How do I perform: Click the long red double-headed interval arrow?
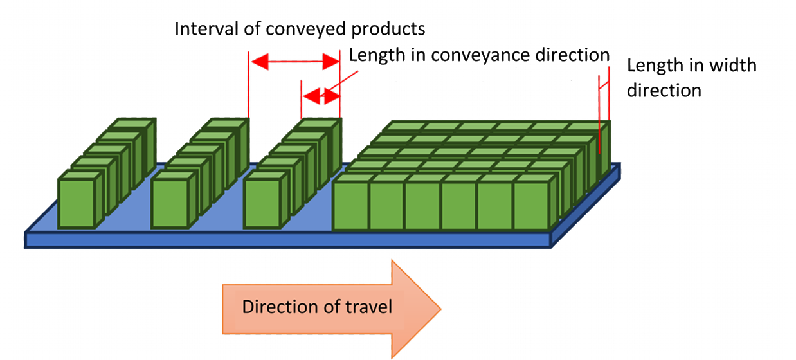pyautogui.click(x=294, y=62)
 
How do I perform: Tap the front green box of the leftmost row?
pyautogui.click(x=77, y=203)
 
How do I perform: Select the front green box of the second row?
pyautogui.click(x=170, y=203)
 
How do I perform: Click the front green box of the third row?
pyautogui.click(x=262, y=203)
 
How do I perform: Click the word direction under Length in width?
pyautogui.click(x=664, y=90)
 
